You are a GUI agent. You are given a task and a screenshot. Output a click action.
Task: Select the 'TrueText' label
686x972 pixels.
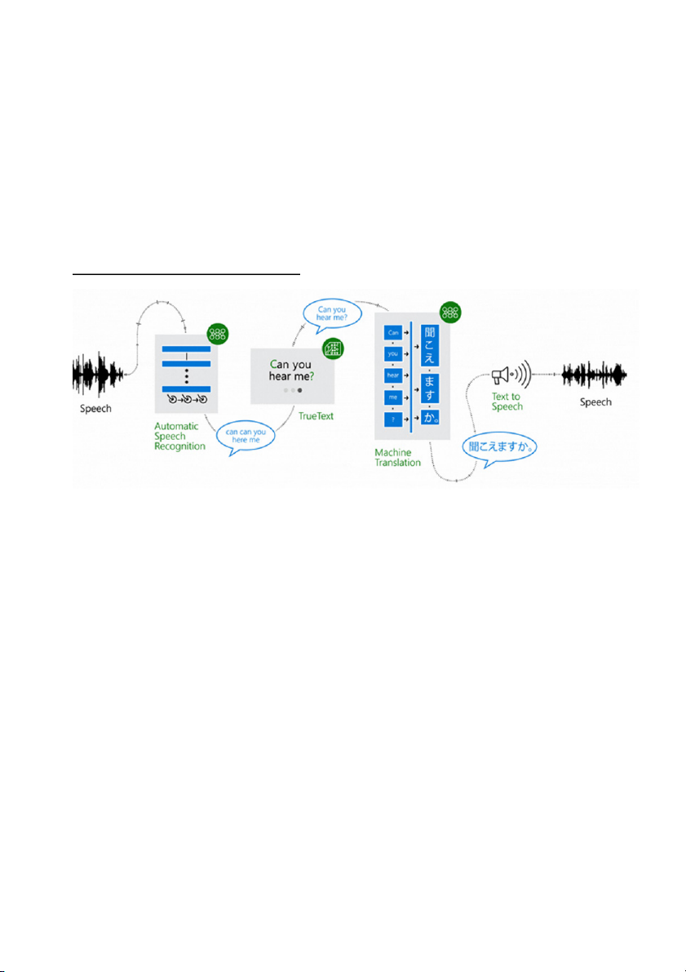coord(316,415)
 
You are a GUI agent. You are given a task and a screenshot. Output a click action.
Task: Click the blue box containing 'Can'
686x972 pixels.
coord(394,333)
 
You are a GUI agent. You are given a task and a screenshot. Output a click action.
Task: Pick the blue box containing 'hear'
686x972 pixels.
coord(394,376)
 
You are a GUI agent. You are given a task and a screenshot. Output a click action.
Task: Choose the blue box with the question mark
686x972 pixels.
coord(394,419)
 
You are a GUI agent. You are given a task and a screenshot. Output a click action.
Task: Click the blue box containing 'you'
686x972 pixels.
coord(394,355)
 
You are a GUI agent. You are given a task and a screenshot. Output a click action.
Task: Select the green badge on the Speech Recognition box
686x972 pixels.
coord(217,333)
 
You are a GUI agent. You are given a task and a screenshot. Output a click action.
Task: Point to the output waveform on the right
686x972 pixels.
coord(595,376)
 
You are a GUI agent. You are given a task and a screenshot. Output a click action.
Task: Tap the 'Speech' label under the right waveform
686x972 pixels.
coord(595,402)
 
